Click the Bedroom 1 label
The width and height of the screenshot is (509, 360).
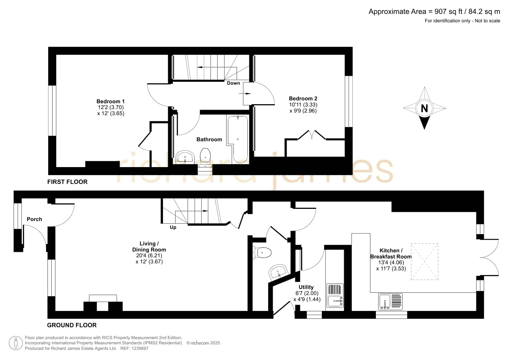coord(111,101)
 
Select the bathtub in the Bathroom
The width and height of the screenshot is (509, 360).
coord(238,139)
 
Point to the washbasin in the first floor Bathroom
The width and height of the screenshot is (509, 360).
coord(185,157)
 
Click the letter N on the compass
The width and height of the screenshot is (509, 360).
coord(424,108)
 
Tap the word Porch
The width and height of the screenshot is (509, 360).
coord(34,219)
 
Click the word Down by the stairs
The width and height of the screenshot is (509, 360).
coord(233,83)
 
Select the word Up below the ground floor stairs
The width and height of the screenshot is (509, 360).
coord(173,227)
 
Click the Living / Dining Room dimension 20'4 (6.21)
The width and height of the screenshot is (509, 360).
coord(149,256)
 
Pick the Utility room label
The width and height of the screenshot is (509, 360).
coord(306,287)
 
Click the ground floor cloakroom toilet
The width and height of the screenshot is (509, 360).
coord(262,252)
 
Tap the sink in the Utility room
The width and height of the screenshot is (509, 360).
coord(335,301)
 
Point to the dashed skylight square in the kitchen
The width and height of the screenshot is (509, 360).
coord(424,262)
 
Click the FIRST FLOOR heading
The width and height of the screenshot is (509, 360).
coord(67,182)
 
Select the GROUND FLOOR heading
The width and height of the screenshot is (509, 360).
coord(72,325)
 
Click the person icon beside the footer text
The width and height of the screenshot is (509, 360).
coord(16,343)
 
